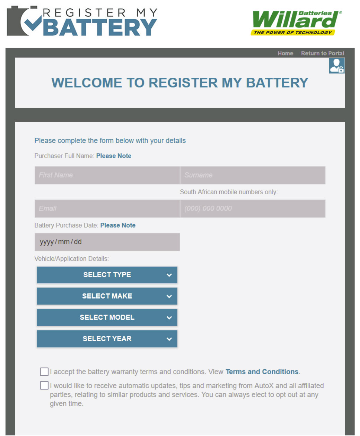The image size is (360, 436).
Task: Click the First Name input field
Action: coord(107,175)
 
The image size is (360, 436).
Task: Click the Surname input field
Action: coord(253,175)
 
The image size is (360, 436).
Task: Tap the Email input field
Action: coord(107,208)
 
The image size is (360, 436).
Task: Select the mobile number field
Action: coord(253,208)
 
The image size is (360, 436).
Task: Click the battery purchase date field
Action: coord(107,242)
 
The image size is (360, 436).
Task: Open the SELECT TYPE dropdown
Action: coord(107,275)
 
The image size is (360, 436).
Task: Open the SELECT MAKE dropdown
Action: coord(107,296)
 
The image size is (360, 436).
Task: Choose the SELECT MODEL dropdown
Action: coord(107,317)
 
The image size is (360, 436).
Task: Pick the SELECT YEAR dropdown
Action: coord(107,339)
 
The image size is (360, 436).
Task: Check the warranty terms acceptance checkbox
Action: coord(44,372)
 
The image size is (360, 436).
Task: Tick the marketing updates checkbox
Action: coord(44,385)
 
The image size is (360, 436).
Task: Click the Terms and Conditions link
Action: coord(262,372)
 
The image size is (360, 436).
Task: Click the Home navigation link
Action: coord(286,53)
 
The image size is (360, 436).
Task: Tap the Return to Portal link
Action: coord(323,53)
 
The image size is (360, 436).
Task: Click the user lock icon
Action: coord(337,66)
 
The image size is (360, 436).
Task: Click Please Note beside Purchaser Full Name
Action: coord(114,156)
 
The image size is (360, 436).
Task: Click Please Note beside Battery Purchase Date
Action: coord(118,225)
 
